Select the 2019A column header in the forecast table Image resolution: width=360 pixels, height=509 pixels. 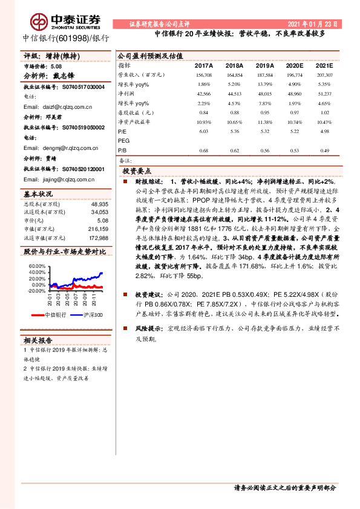pos(264,65)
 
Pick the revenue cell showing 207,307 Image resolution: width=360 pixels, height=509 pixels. pos(324,74)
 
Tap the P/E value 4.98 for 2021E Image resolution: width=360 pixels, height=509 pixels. pos(324,131)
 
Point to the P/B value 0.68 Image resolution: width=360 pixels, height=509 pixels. pos(204,151)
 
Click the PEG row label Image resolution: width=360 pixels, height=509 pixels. pos(123,140)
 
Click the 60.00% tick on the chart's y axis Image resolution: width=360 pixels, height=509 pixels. pos(36,266)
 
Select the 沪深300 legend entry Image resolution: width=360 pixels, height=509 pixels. pos(91,315)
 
